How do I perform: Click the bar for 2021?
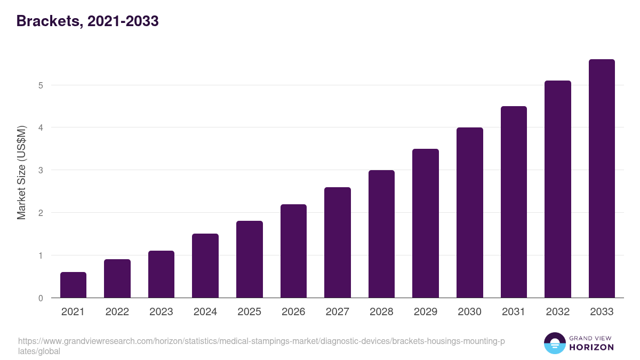pyautogui.click(x=73, y=285)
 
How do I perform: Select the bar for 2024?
pyautogui.click(x=205, y=266)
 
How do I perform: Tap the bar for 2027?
pyautogui.click(x=337, y=243)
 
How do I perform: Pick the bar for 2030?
pyautogui.click(x=469, y=213)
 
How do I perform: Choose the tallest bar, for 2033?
pyautogui.click(x=602, y=179)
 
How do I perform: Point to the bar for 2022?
pyautogui.click(x=117, y=278)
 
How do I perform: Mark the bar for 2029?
pyautogui.click(x=426, y=223)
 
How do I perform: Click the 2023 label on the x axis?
pyautogui.click(x=161, y=312)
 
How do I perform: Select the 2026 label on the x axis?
pyautogui.click(x=293, y=312)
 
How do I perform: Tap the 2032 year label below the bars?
pyautogui.click(x=557, y=312)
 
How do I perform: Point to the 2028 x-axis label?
pyautogui.click(x=381, y=312)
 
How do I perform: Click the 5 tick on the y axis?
pyautogui.click(x=41, y=85)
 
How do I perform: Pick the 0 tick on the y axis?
pyautogui.click(x=41, y=298)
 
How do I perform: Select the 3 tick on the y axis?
pyautogui.click(x=41, y=171)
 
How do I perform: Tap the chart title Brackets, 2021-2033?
pyautogui.click(x=87, y=21)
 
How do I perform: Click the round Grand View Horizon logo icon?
pyautogui.click(x=554, y=343)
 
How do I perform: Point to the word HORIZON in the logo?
pyautogui.click(x=592, y=347)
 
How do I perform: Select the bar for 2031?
pyautogui.click(x=514, y=202)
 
